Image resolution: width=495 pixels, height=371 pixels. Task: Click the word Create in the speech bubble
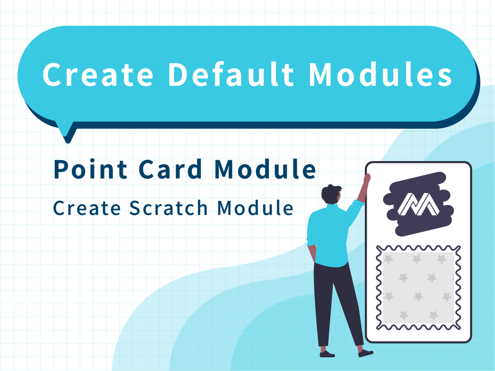pyautogui.click(x=98, y=74)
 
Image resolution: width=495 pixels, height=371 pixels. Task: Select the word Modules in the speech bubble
pyautogui.click(x=381, y=74)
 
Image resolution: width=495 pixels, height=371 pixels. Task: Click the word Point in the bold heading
pyautogui.click(x=90, y=169)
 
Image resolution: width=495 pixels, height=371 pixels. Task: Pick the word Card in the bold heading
pyautogui.click(x=170, y=169)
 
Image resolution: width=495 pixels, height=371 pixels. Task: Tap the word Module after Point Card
pyautogui.click(x=265, y=169)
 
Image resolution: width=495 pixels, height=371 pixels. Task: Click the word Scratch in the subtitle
pyautogui.click(x=169, y=208)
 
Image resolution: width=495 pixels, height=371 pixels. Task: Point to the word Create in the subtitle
pyautogui.click(x=87, y=208)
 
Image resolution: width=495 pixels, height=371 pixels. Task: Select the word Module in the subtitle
pyautogui.click(x=255, y=208)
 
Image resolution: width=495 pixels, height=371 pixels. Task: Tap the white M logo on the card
pyautogui.click(x=418, y=204)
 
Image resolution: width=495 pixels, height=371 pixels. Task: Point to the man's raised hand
pyautogui.click(x=367, y=178)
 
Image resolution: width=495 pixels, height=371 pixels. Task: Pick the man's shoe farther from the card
pyautogui.click(x=327, y=354)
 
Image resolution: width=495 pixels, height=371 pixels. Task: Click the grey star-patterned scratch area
pyautogui.click(x=418, y=287)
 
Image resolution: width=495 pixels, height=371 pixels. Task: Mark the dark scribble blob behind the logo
pyautogui.click(x=418, y=204)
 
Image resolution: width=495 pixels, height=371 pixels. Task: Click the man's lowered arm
pyautogui.click(x=311, y=249)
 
